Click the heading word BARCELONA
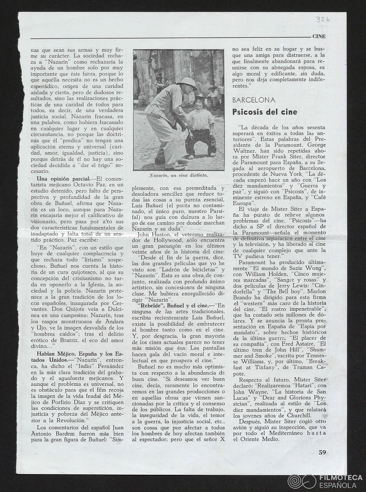coord(254,100)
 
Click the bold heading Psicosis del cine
coord(265,112)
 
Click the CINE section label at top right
coord(319,36)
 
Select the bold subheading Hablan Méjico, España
coord(80,354)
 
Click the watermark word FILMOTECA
coord(341,470)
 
